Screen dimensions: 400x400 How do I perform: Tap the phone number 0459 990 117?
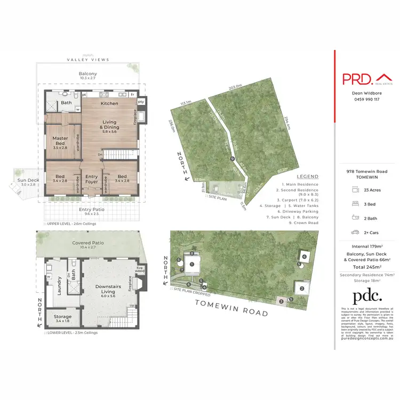point(366,99)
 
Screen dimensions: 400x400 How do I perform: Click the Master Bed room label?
point(60,141)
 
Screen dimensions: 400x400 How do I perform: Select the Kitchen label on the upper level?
point(109,103)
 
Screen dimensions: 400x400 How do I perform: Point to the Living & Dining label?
point(109,125)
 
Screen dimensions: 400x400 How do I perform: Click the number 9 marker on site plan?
point(232,159)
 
